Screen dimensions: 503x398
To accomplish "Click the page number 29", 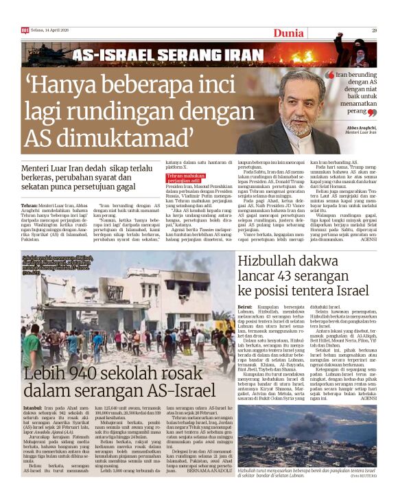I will click(375, 30).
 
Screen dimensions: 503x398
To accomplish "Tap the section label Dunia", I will click(289, 32).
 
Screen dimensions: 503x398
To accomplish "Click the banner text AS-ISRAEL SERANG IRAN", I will click(167, 56).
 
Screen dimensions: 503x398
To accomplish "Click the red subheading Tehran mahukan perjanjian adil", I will click(186, 180).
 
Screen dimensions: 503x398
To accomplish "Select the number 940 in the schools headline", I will click(75, 375).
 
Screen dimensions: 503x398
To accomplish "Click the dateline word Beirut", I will click(245, 307).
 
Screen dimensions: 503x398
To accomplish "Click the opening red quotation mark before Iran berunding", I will click(329, 74).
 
